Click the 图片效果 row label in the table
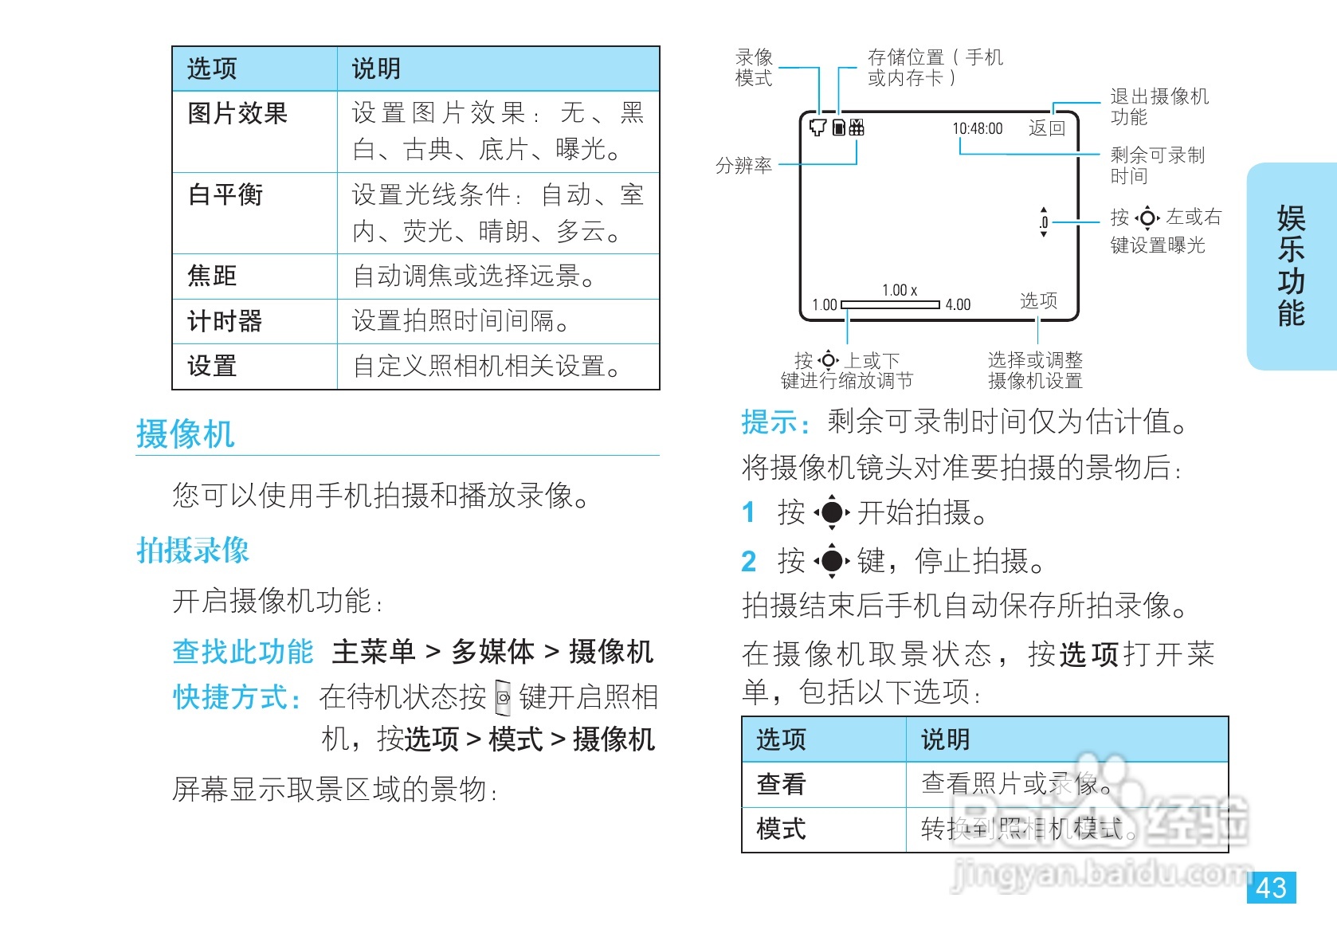pyautogui.click(x=237, y=113)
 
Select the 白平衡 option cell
pyautogui.click(x=225, y=194)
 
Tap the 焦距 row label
pyautogui.click(x=212, y=276)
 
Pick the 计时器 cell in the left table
pyautogui.click(x=225, y=321)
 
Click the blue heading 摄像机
pyautogui.click(x=185, y=434)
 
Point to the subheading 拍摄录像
pyautogui.click(x=193, y=550)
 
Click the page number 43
pyautogui.click(x=1271, y=888)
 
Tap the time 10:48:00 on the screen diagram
pyautogui.click(x=978, y=128)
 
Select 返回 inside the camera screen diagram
pyautogui.click(x=1046, y=128)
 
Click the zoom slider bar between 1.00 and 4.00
pyautogui.click(x=890, y=304)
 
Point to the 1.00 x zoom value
pyautogui.click(x=900, y=290)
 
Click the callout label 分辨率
pyautogui.click(x=743, y=165)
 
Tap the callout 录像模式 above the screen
pyautogui.click(x=754, y=68)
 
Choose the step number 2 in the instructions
pyautogui.click(x=748, y=561)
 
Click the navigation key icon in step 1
pyautogui.click(x=832, y=512)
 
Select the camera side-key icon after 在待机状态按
pyautogui.click(x=503, y=698)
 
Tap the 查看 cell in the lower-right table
pyautogui.click(x=781, y=784)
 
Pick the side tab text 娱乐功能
pyautogui.click(x=1291, y=266)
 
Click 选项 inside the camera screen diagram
pyautogui.click(x=1038, y=300)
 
